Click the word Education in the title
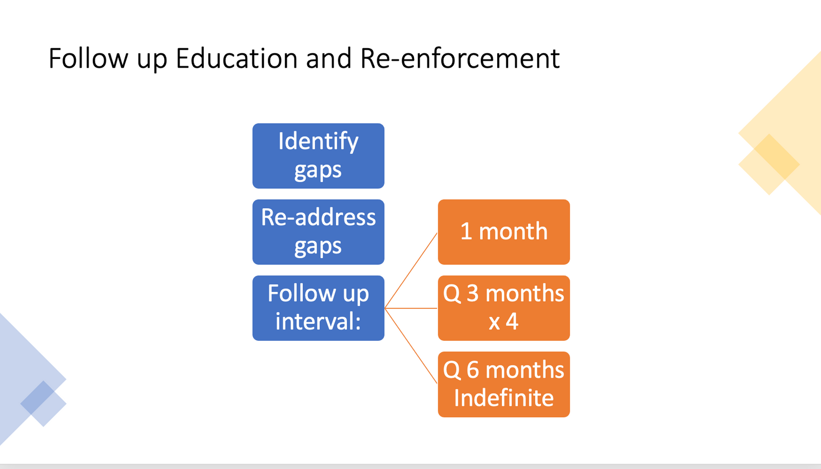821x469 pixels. coord(237,58)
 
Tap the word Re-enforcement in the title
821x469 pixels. coord(460,58)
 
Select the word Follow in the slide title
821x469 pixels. coord(88,58)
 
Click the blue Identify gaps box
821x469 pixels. coord(318,156)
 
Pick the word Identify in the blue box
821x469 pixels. coord(318,142)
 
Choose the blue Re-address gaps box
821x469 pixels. coord(318,232)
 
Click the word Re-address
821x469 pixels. coord(318,217)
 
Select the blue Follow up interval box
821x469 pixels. coord(318,308)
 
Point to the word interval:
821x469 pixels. coord(318,321)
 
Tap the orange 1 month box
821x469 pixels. coord(504,232)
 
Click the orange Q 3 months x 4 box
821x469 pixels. coord(504,308)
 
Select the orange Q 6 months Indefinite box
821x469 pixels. coord(504,384)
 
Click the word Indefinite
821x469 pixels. coord(504,398)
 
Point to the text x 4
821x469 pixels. coord(503,322)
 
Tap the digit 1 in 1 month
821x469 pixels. coord(466,231)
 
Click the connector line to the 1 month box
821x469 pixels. coord(411,270)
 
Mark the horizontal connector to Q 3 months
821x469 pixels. coord(411,308)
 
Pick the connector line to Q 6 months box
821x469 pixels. coord(411,346)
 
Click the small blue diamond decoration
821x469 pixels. coord(43,403)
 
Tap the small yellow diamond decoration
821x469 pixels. coord(769,165)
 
